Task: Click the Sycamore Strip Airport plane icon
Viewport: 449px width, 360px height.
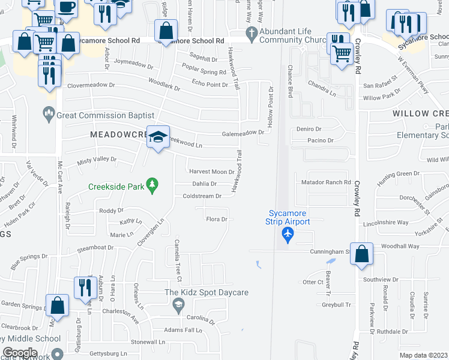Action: pyautogui.click(x=288, y=235)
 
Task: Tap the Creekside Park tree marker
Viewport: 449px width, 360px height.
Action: pyautogui.click(x=153, y=186)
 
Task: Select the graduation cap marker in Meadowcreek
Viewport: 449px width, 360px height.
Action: pyautogui.click(x=158, y=137)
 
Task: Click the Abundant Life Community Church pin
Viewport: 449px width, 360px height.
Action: pyautogui.click(x=252, y=37)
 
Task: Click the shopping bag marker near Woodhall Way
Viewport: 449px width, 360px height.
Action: pyautogui.click(x=361, y=254)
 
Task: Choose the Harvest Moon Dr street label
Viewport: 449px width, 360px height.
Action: pyautogui.click(x=211, y=172)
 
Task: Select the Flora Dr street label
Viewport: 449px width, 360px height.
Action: pyautogui.click(x=216, y=220)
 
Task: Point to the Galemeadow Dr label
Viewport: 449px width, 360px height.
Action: pyautogui.click(x=243, y=133)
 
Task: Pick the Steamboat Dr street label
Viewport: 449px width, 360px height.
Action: pyautogui.click(x=95, y=247)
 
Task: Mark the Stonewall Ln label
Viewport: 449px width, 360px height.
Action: pyautogui.click(x=148, y=342)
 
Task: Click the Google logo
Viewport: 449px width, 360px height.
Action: pyautogui.click(x=20, y=353)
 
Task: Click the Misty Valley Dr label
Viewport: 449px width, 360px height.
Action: pyautogui.click(x=97, y=160)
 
